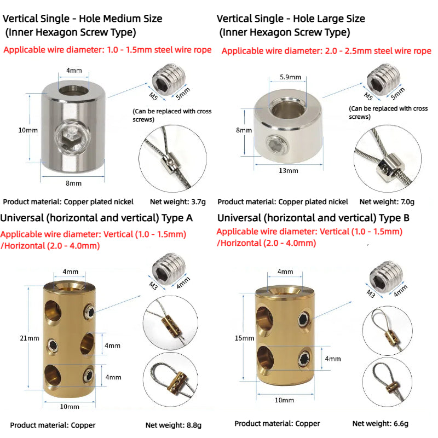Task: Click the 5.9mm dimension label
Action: tap(291, 77)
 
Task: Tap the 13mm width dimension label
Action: tap(289, 171)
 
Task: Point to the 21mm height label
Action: tap(30, 338)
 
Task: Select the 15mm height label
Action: tap(244, 338)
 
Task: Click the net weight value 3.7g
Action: tap(198, 201)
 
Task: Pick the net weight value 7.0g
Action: tap(407, 201)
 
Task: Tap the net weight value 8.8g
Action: tap(194, 425)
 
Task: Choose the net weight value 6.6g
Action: tap(401, 423)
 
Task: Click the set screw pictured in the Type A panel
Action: tap(169, 269)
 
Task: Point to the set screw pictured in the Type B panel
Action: tap(386, 276)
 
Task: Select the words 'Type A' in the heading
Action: tap(177, 218)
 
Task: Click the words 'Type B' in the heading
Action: tap(394, 218)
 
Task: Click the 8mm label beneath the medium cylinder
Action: tap(74, 183)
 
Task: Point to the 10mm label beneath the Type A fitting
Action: tap(70, 407)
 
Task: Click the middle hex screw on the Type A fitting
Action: tap(53, 346)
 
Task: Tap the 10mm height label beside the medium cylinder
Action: tap(28, 130)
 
